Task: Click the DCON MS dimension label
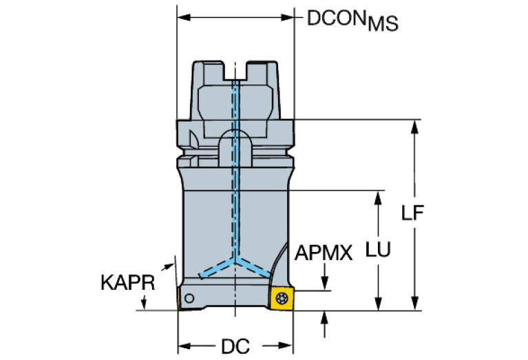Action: pos(352,21)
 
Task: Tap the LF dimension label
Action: pos(412,213)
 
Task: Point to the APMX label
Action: pos(324,253)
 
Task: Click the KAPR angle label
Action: pos(127,283)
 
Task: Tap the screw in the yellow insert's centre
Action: pos(282,298)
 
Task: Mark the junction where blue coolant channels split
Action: pos(235,262)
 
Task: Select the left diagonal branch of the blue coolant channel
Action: pos(218,270)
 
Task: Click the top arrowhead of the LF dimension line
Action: pos(414,128)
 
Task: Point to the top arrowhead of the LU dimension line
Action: pos(377,198)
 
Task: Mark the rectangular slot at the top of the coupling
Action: pos(235,71)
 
